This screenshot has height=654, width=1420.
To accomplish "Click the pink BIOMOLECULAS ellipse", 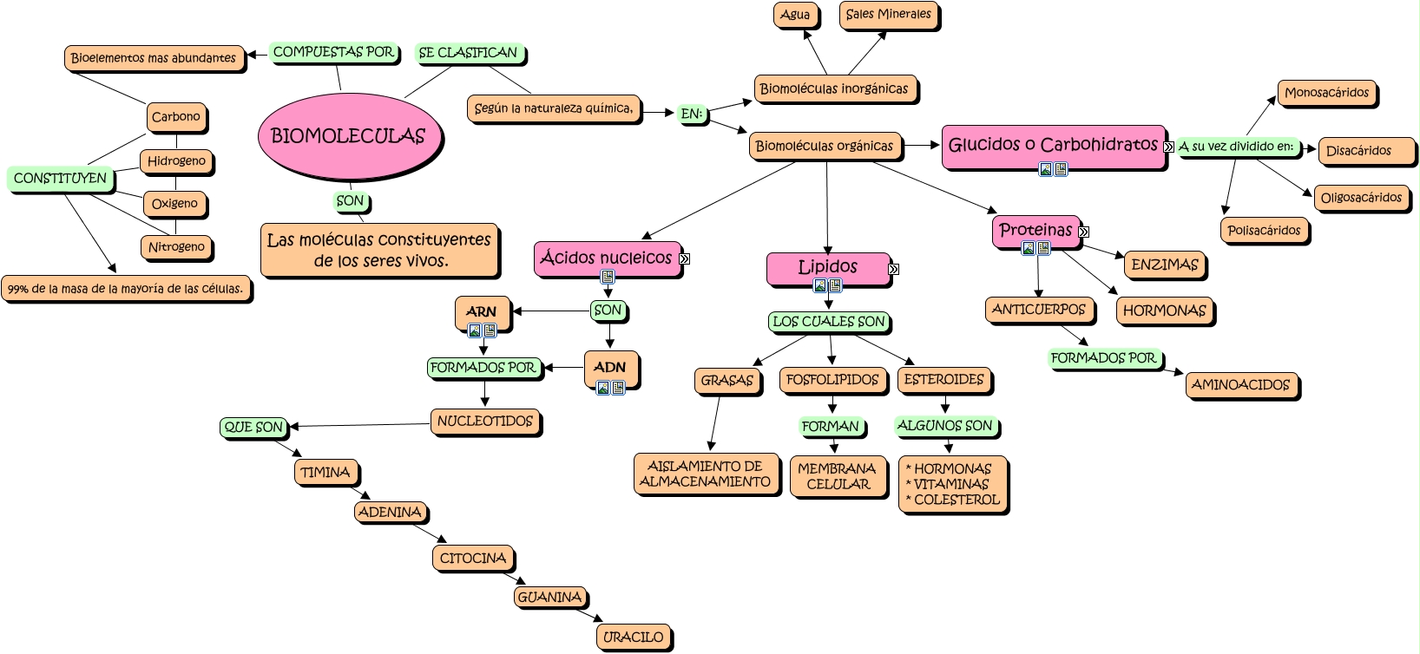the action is (349, 136).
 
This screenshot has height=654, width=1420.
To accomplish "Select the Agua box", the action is (795, 15).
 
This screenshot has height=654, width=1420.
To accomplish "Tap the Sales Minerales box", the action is (888, 15).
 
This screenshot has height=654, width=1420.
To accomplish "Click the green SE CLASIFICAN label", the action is (469, 53).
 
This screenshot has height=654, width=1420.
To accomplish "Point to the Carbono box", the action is (175, 117).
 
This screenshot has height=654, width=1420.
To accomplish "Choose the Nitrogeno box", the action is (176, 247).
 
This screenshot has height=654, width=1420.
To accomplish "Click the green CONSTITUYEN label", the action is (60, 179).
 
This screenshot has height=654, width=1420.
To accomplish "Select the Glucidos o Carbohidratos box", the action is (1053, 147).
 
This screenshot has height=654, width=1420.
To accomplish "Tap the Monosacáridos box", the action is (1326, 93).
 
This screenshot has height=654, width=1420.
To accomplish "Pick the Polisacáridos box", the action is (1264, 231).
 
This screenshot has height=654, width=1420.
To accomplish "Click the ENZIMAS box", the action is (1165, 265).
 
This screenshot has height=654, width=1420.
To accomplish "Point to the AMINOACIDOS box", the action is (1240, 385).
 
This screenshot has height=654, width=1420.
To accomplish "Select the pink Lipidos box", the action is (828, 269).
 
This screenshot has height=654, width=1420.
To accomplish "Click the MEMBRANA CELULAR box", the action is (838, 476).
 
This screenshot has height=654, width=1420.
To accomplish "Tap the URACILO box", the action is (633, 637).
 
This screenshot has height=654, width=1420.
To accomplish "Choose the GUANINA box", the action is (549, 597).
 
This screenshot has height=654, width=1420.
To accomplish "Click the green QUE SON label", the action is (253, 427).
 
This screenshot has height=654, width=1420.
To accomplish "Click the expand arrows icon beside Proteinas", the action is (1084, 232).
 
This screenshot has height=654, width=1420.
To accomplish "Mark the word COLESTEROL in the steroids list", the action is (957, 500).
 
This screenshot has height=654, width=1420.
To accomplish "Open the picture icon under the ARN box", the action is (474, 330).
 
